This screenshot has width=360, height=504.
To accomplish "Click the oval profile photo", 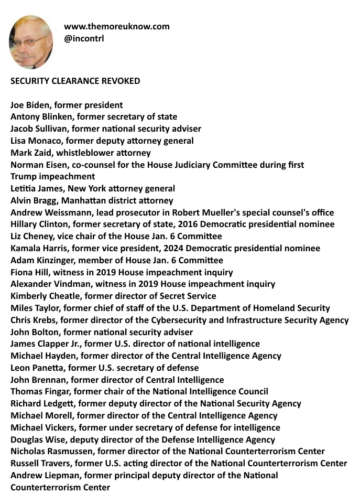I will pos(31,42).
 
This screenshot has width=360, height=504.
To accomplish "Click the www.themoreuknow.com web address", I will pos(116,26).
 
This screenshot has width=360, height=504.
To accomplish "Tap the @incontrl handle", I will pos(84,38).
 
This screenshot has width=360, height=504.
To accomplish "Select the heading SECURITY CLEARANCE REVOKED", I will pos(75,81).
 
